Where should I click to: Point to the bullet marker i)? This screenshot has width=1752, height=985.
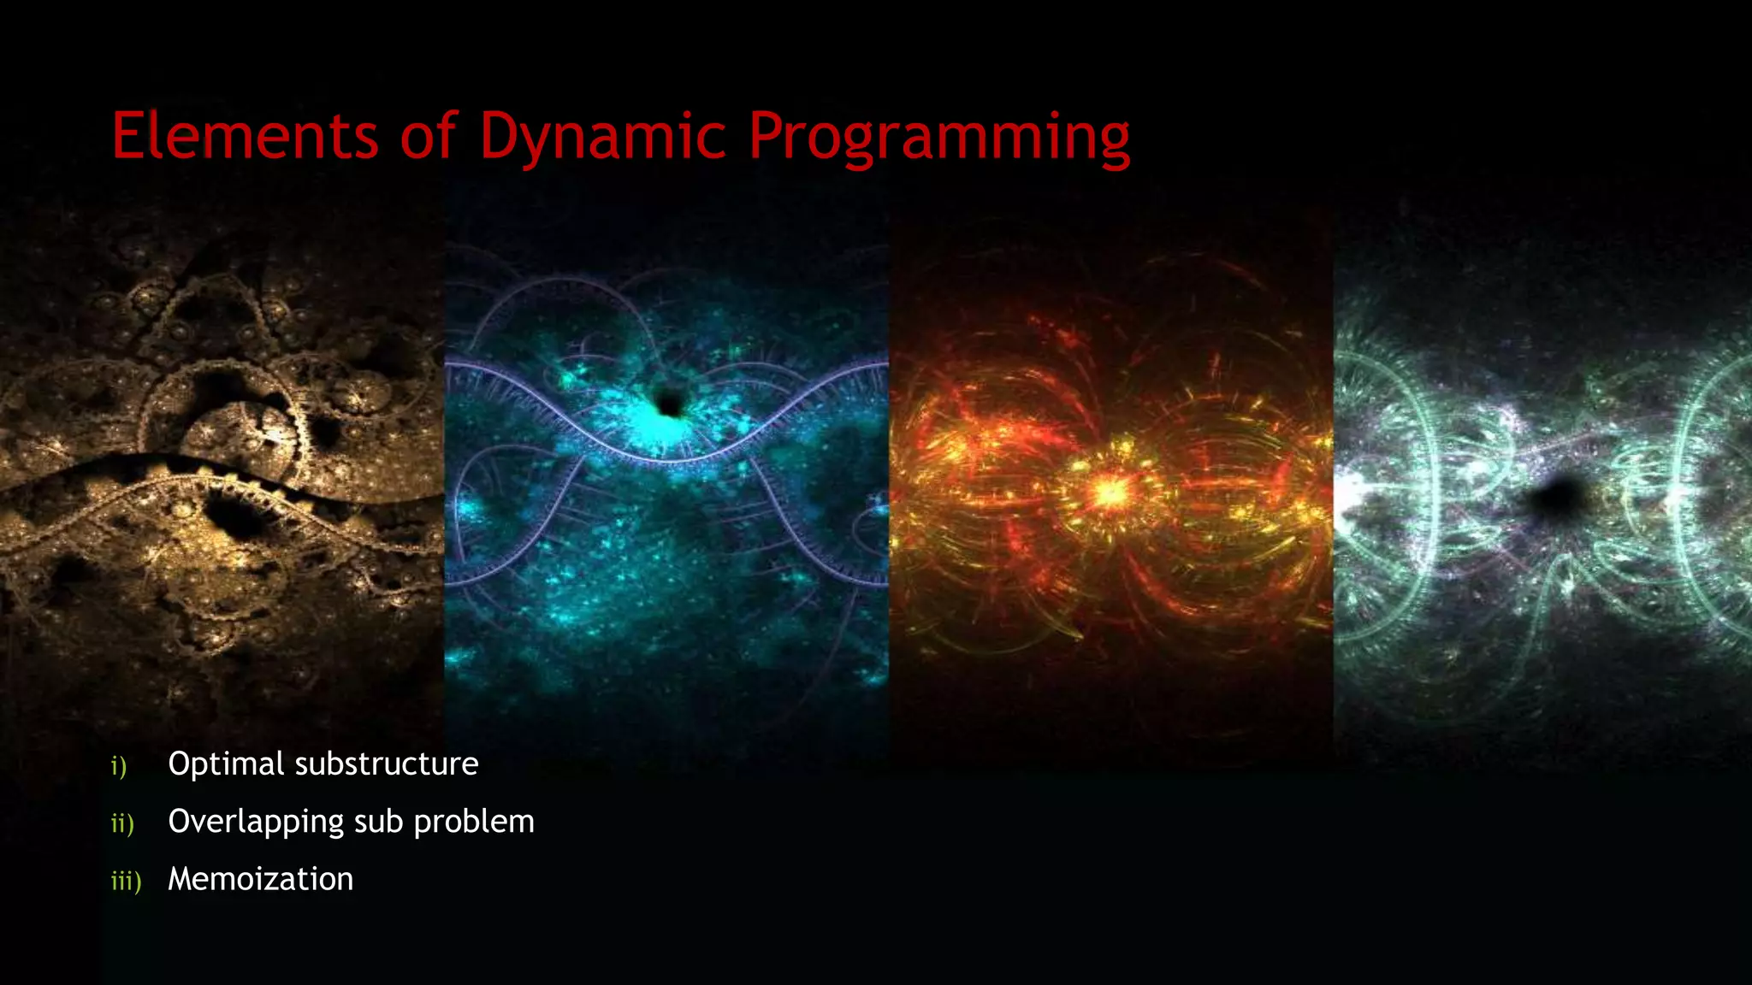point(119,766)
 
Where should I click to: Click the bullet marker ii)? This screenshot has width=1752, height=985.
point(122,823)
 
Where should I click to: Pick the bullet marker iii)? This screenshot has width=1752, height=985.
point(126,881)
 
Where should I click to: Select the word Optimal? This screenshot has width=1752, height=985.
point(226,764)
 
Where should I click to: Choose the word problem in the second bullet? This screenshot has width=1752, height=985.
point(474,823)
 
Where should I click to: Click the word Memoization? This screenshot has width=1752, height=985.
point(260,880)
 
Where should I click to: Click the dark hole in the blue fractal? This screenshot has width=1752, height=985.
point(669,402)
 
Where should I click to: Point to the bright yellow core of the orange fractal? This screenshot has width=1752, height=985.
point(1110,492)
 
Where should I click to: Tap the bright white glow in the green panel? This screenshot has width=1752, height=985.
point(1350,496)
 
